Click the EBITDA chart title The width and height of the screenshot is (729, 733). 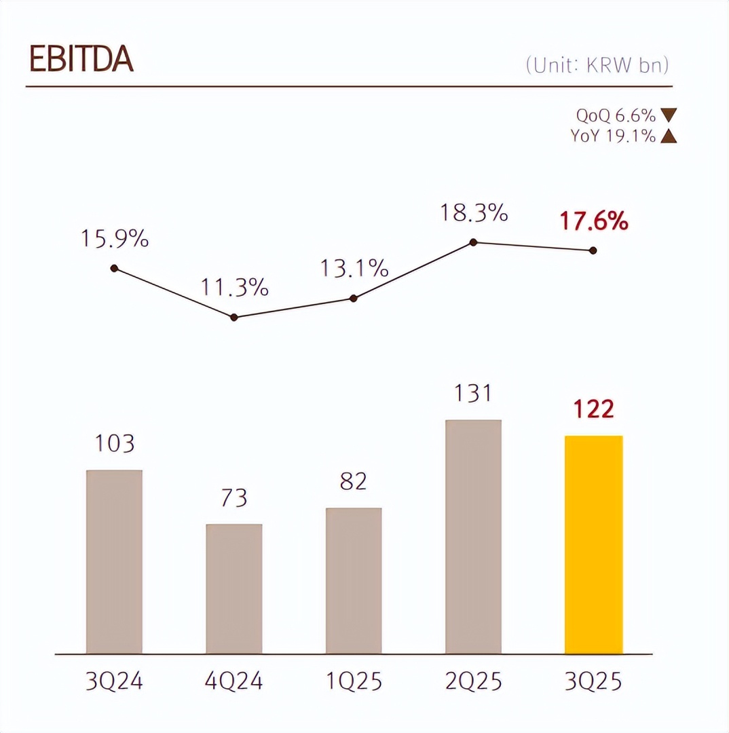(81, 60)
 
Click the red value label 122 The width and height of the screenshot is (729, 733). (593, 410)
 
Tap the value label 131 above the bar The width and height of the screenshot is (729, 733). (473, 394)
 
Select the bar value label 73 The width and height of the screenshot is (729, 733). (234, 498)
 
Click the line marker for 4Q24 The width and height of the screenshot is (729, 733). (234, 317)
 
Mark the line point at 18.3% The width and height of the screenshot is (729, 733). (473, 242)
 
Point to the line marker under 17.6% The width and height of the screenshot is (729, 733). (593, 250)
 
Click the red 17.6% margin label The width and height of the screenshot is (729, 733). (593, 221)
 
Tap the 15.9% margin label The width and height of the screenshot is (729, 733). (115, 239)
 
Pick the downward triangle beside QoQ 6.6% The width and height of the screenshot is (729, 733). (668, 116)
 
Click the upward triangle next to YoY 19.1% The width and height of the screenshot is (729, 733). (668, 136)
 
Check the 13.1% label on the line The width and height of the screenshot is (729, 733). (354, 269)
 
